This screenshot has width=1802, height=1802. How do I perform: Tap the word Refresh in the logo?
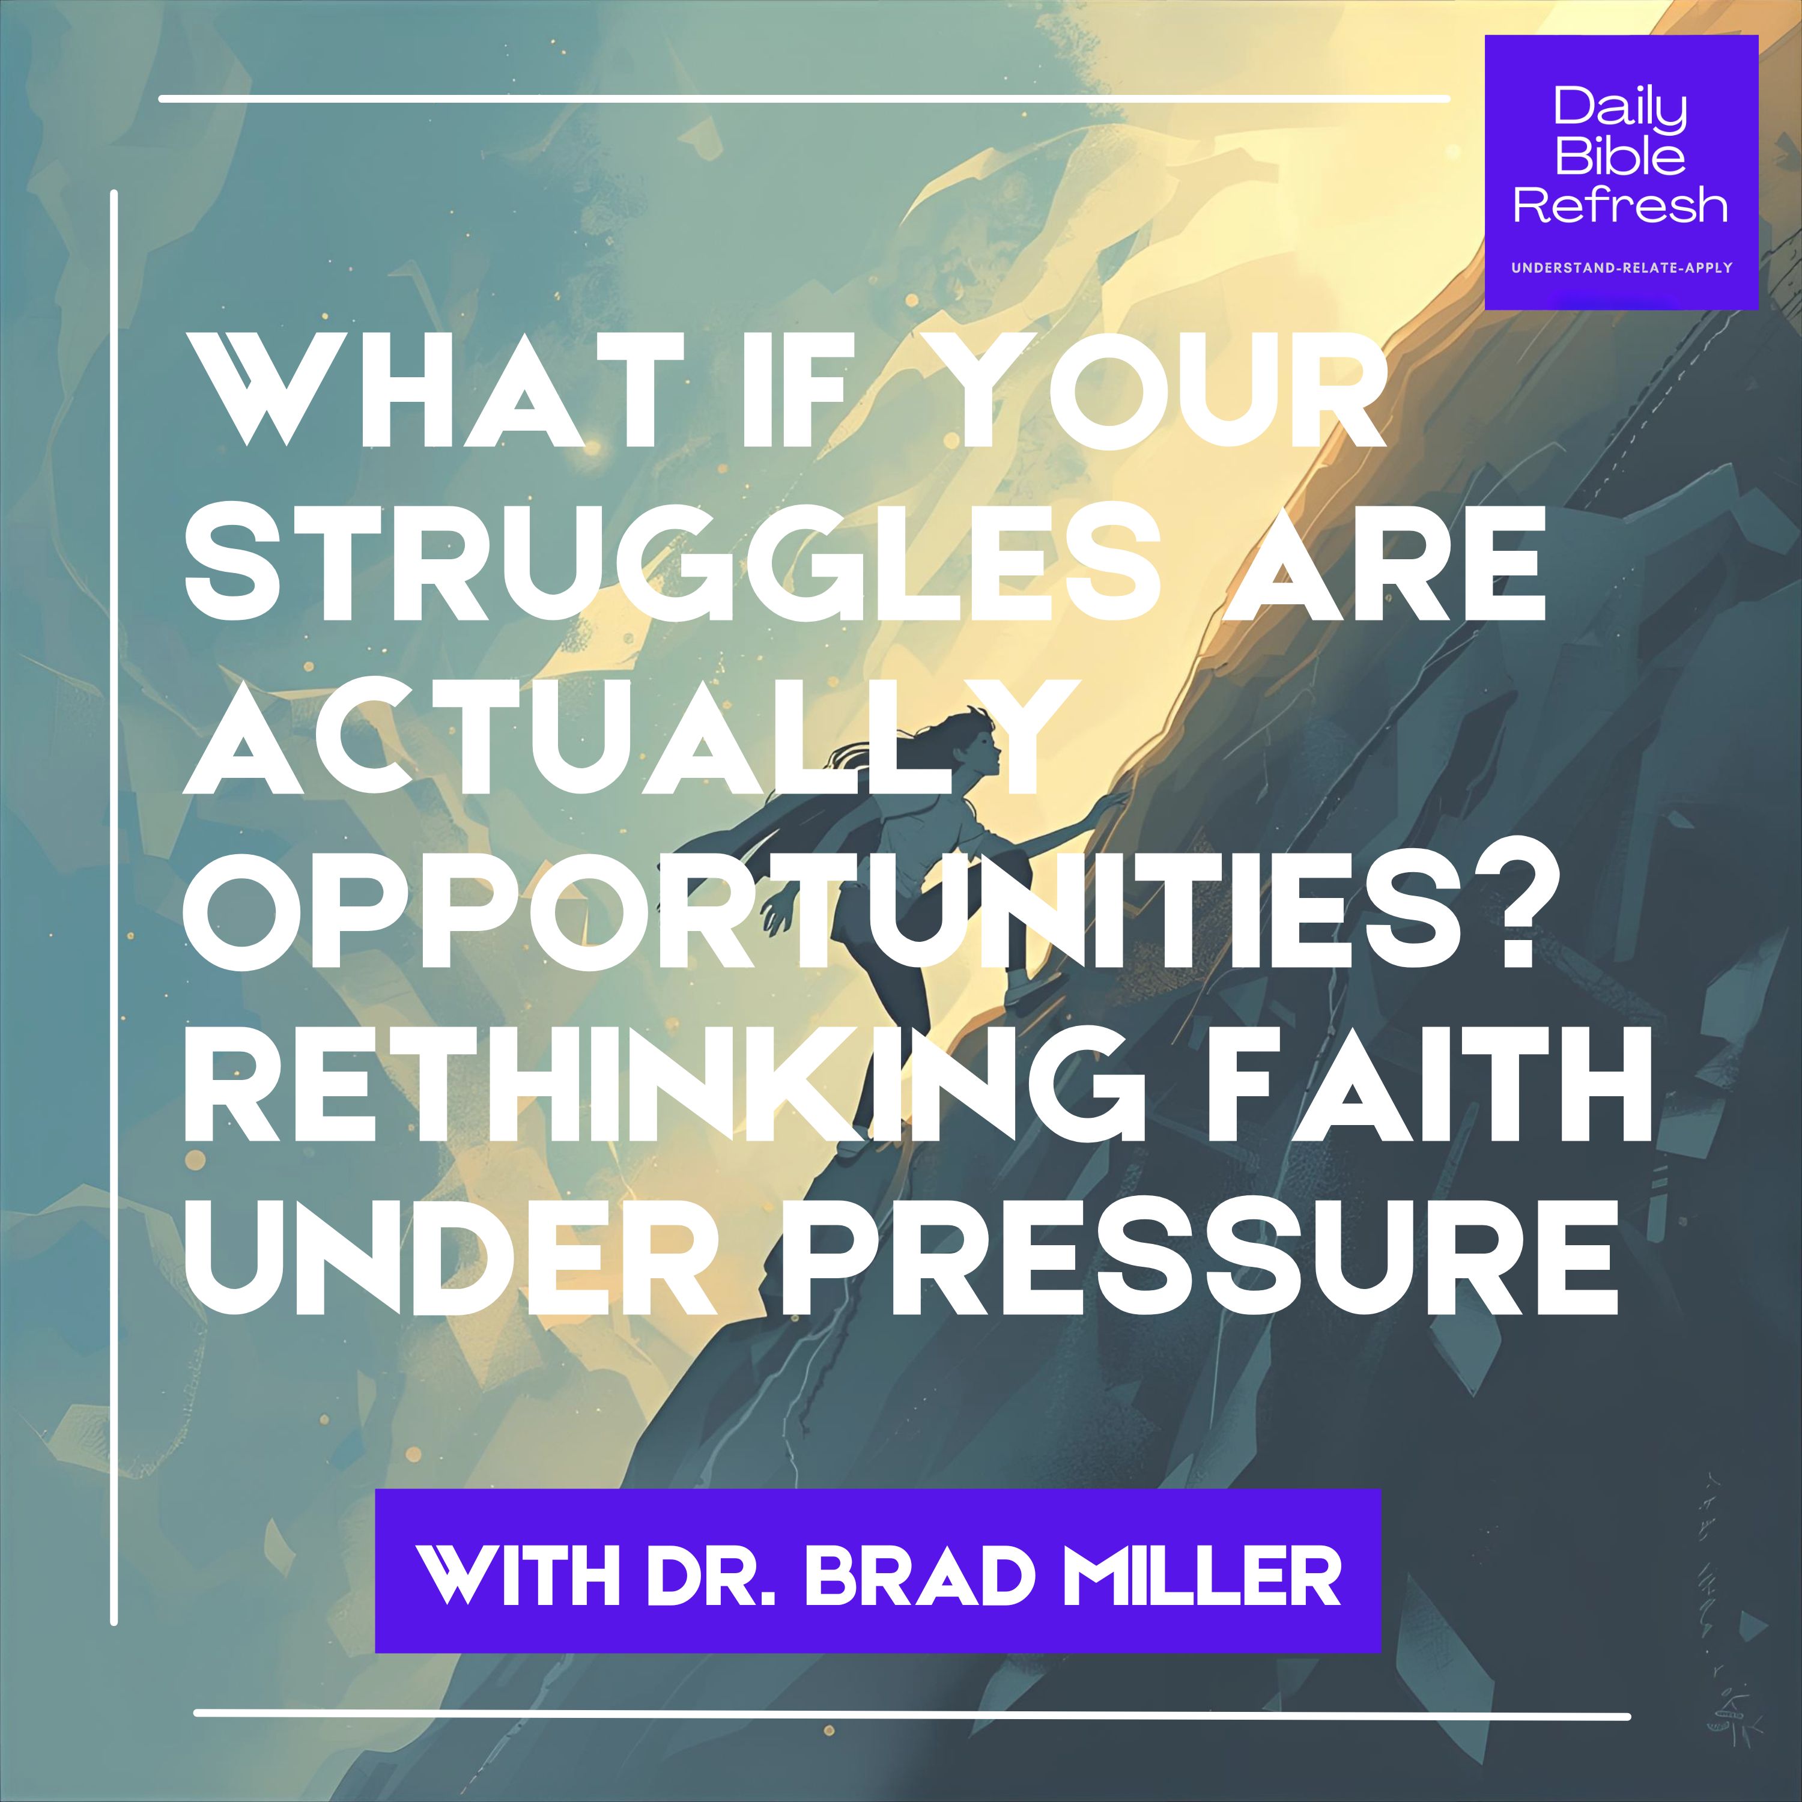1620,204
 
